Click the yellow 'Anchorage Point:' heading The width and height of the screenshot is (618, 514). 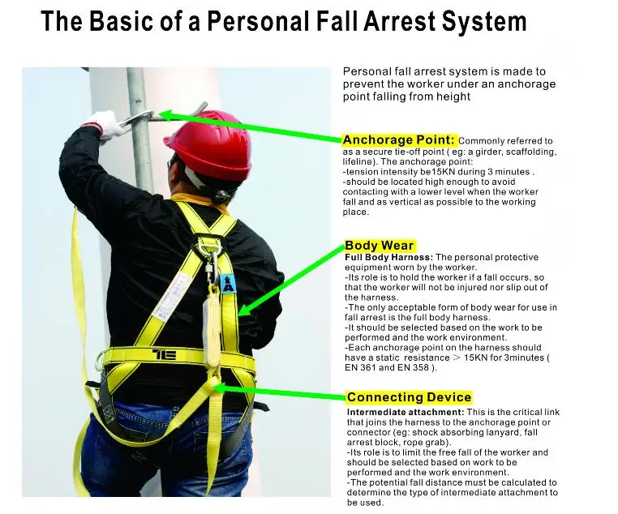(400, 139)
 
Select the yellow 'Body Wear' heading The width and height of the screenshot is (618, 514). (380, 246)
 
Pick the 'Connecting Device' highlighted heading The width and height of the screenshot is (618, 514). (409, 397)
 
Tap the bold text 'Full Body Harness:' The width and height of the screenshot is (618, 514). (389, 257)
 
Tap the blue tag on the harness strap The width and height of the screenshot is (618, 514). (227, 283)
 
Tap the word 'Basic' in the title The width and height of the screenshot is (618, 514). (122, 22)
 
